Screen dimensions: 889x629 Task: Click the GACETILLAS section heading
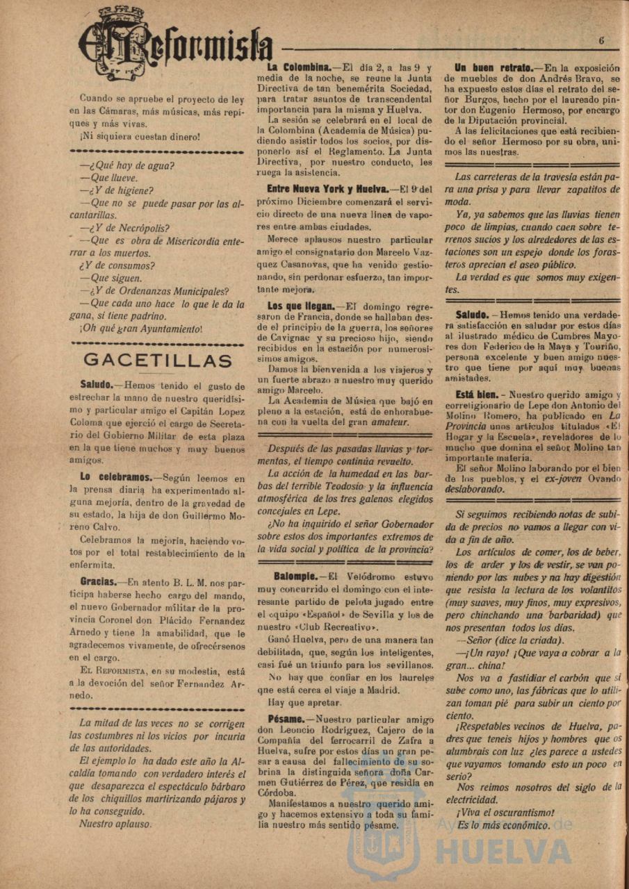tap(158, 360)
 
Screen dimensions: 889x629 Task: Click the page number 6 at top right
tap(601, 40)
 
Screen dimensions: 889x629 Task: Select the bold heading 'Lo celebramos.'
tap(115, 477)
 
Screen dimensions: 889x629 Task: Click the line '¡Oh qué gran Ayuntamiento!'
tap(141, 329)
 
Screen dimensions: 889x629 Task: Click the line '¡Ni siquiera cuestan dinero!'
tap(140, 136)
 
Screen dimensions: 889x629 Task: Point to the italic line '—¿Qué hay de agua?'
tap(127, 165)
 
